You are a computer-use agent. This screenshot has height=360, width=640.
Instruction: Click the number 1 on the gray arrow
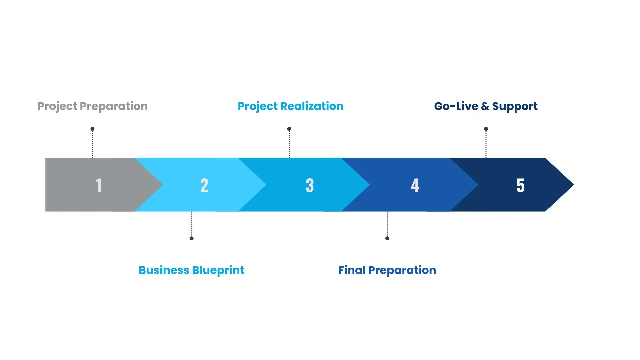(99, 185)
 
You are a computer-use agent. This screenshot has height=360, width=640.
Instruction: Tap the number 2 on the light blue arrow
(204, 185)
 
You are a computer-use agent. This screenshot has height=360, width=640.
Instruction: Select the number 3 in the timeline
(310, 185)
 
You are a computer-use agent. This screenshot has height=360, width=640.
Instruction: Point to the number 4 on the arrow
(415, 185)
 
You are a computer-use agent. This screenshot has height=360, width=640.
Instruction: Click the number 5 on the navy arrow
(520, 185)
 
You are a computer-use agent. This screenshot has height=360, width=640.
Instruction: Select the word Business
(164, 270)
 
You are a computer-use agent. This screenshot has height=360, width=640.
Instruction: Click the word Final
(352, 270)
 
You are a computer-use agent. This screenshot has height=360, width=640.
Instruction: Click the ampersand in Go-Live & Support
(485, 106)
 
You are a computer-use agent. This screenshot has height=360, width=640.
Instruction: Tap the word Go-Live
(456, 106)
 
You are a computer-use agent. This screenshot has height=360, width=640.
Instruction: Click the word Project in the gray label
(57, 107)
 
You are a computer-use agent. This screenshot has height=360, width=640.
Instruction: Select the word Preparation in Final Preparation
(402, 270)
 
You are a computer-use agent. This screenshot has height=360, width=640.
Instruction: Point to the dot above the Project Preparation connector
(92, 129)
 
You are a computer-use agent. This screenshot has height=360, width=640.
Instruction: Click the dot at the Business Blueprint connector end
(191, 238)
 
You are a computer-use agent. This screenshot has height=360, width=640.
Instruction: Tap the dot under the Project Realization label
(289, 129)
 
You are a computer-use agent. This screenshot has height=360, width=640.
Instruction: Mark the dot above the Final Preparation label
(387, 238)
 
